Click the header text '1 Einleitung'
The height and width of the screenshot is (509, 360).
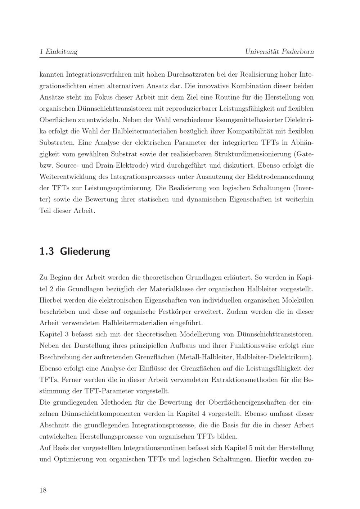[x=58, y=51]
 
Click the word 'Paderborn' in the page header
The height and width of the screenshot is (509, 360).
[x=298, y=51]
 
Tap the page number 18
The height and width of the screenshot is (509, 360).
[x=43, y=490]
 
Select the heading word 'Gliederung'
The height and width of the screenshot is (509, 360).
[x=85, y=251]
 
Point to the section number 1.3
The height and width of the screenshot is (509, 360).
[x=46, y=251]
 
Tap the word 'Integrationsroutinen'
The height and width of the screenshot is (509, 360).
[x=154, y=448]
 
